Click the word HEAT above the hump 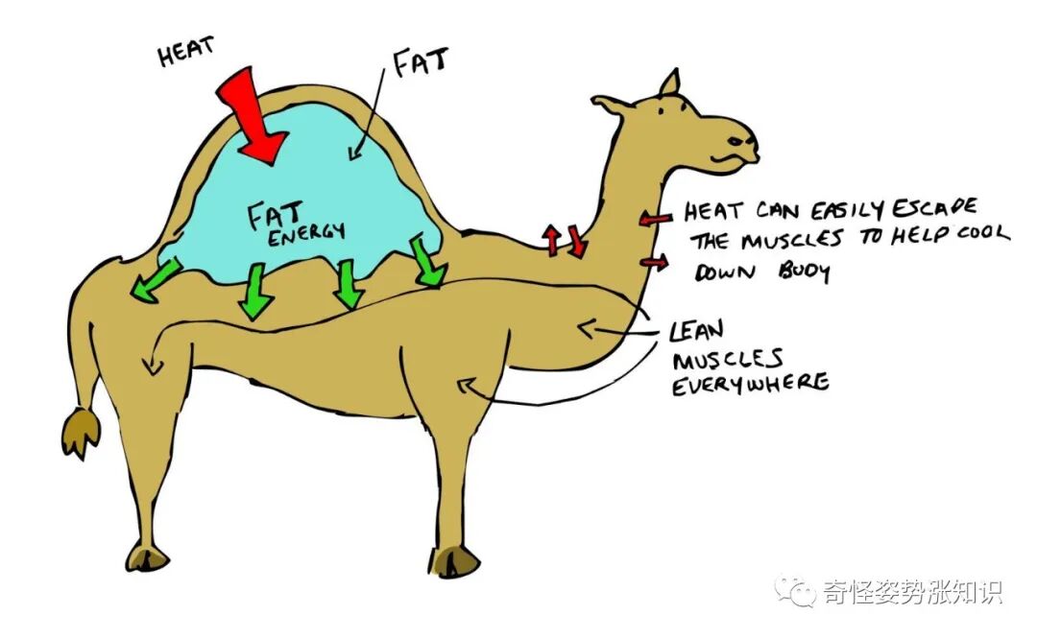coord(186,53)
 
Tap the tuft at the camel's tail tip coord(80,431)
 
